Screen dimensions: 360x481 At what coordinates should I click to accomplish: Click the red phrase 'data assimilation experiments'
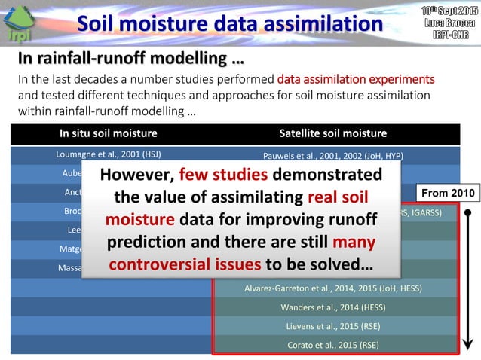tap(355, 79)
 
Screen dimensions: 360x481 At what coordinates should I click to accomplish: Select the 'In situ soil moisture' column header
tap(109, 133)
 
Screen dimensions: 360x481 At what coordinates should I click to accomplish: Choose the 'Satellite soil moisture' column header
tap(333, 133)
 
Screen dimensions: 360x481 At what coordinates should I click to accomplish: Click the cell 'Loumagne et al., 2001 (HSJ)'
tap(109, 155)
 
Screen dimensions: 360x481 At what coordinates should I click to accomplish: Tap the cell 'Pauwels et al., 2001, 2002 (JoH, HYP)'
tap(333, 156)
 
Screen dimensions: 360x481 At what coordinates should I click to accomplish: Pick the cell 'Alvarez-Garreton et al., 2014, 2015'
tap(333, 288)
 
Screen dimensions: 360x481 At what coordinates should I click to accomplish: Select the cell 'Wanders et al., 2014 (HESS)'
tap(333, 307)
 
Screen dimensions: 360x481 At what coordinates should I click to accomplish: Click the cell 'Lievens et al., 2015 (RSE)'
tap(333, 326)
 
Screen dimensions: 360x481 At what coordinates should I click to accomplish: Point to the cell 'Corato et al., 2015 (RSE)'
tap(333, 345)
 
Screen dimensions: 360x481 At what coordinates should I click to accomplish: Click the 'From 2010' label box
tap(447, 193)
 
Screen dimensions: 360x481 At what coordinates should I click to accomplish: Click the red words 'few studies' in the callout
tap(222, 175)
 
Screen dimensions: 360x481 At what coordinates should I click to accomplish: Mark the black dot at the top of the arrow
tap(467, 212)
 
